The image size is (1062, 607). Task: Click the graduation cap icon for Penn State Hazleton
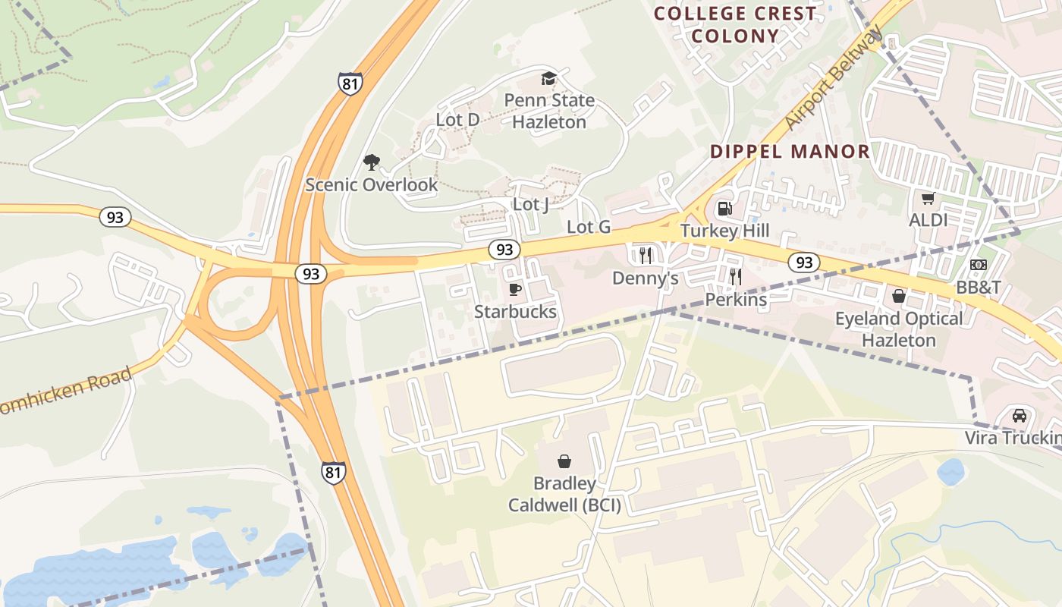pos(548,78)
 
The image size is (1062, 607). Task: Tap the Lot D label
pos(457,120)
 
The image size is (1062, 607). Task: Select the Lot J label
pos(530,204)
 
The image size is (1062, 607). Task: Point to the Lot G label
pos(589,227)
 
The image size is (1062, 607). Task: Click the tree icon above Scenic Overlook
pos(371,162)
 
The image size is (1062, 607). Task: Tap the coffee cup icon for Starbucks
pos(515,289)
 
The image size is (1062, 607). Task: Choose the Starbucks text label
pos(515,312)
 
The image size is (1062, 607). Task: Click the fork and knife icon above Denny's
pos(646,255)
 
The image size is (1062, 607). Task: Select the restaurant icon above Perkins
pos(735,276)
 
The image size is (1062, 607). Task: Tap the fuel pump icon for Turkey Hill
pos(724,208)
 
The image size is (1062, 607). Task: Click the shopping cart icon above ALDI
pos(928,199)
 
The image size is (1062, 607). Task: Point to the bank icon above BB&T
pos(978,265)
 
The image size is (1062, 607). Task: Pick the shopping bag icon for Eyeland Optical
pos(899,296)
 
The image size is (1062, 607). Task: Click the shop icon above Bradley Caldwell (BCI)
pos(564,461)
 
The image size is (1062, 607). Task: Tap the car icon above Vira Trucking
pos(1020,416)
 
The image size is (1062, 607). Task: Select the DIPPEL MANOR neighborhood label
pos(790,151)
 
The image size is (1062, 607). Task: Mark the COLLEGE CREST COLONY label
pos(735,24)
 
